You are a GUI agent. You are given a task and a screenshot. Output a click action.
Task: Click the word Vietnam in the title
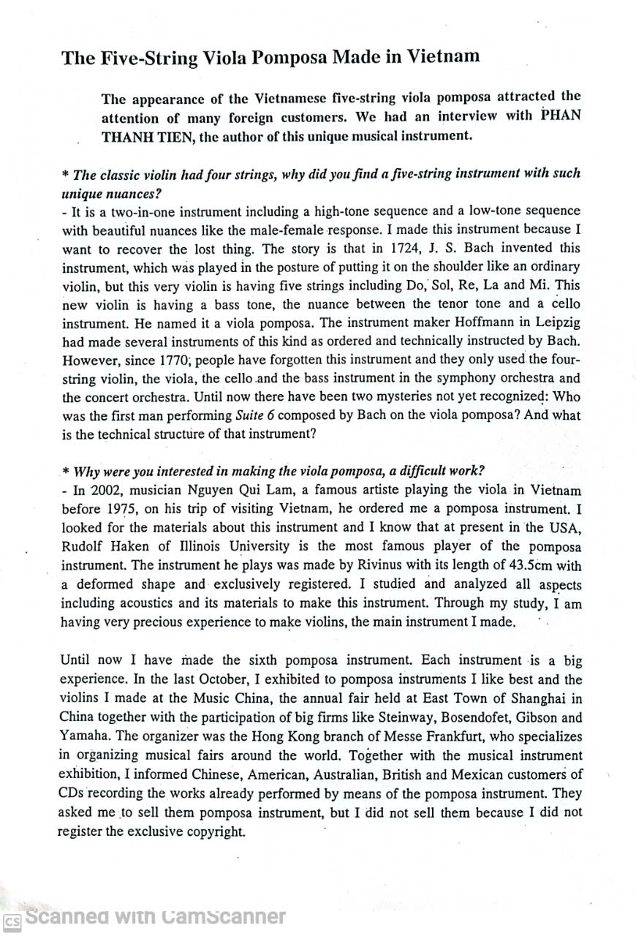[443, 56]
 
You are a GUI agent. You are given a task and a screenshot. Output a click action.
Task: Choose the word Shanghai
[537, 699]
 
